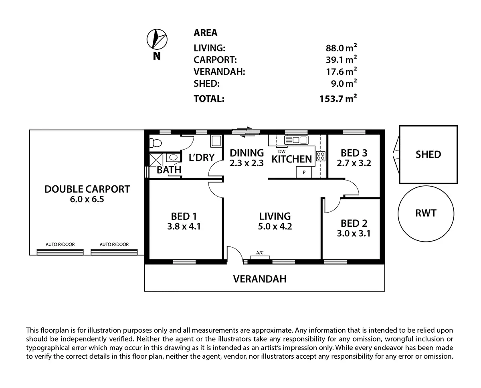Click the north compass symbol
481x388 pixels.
[x=157, y=39]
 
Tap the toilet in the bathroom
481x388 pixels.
[x=155, y=142]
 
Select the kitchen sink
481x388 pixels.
[x=296, y=140]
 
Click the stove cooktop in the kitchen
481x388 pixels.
[x=320, y=156]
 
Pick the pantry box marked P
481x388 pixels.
[x=304, y=172]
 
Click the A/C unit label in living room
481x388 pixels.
[x=260, y=253]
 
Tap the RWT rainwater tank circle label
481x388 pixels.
[x=426, y=213]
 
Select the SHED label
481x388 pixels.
[x=428, y=154]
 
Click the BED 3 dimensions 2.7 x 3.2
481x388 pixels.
[x=354, y=163]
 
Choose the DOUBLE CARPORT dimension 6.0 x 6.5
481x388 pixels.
[x=87, y=199]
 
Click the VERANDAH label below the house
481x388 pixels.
[x=260, y=279]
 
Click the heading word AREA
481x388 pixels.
[x=205, y=33]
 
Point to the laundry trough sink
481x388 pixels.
[x=216, y=141]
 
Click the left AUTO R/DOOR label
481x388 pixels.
[x=60, y=244]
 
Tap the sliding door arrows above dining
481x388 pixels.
[x=243, y=131]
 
